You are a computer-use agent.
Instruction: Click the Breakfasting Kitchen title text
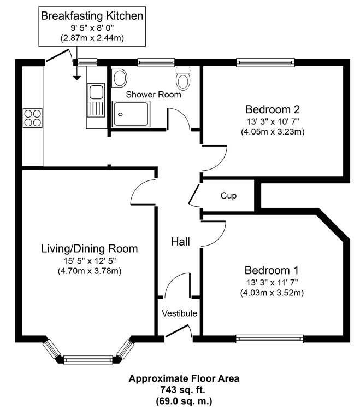(x=92, y=16)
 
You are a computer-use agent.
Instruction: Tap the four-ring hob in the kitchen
(x=33, y=118)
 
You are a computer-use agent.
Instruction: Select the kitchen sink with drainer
(x=96, y=100)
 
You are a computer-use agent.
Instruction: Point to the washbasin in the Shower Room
(x=120, y=78)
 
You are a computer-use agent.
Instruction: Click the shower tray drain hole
(x=120, y=114)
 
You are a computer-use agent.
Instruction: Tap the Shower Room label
(x=154, y=95)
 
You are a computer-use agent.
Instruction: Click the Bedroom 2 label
(x=273, y=109)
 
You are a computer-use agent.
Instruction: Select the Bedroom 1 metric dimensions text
(x=272, y=293)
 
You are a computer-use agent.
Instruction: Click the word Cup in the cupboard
(x=228, y=196)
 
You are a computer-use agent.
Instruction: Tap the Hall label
(x=180, y=242)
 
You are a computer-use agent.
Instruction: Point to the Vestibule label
(x=179, y=313)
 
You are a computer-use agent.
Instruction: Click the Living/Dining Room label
(x=90, y=249)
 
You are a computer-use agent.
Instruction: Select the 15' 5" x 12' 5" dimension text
(x=90, y=260)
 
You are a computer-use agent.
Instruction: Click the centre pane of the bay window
(x=88, y=360)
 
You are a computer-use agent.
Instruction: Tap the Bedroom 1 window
(x=269, y=339)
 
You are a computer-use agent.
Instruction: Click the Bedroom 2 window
(x=265, y=62)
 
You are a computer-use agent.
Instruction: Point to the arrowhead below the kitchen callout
(x=76, y=78)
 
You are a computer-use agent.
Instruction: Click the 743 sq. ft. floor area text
(x=182, y=390)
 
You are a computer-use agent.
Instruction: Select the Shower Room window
(x=156, y=62)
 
